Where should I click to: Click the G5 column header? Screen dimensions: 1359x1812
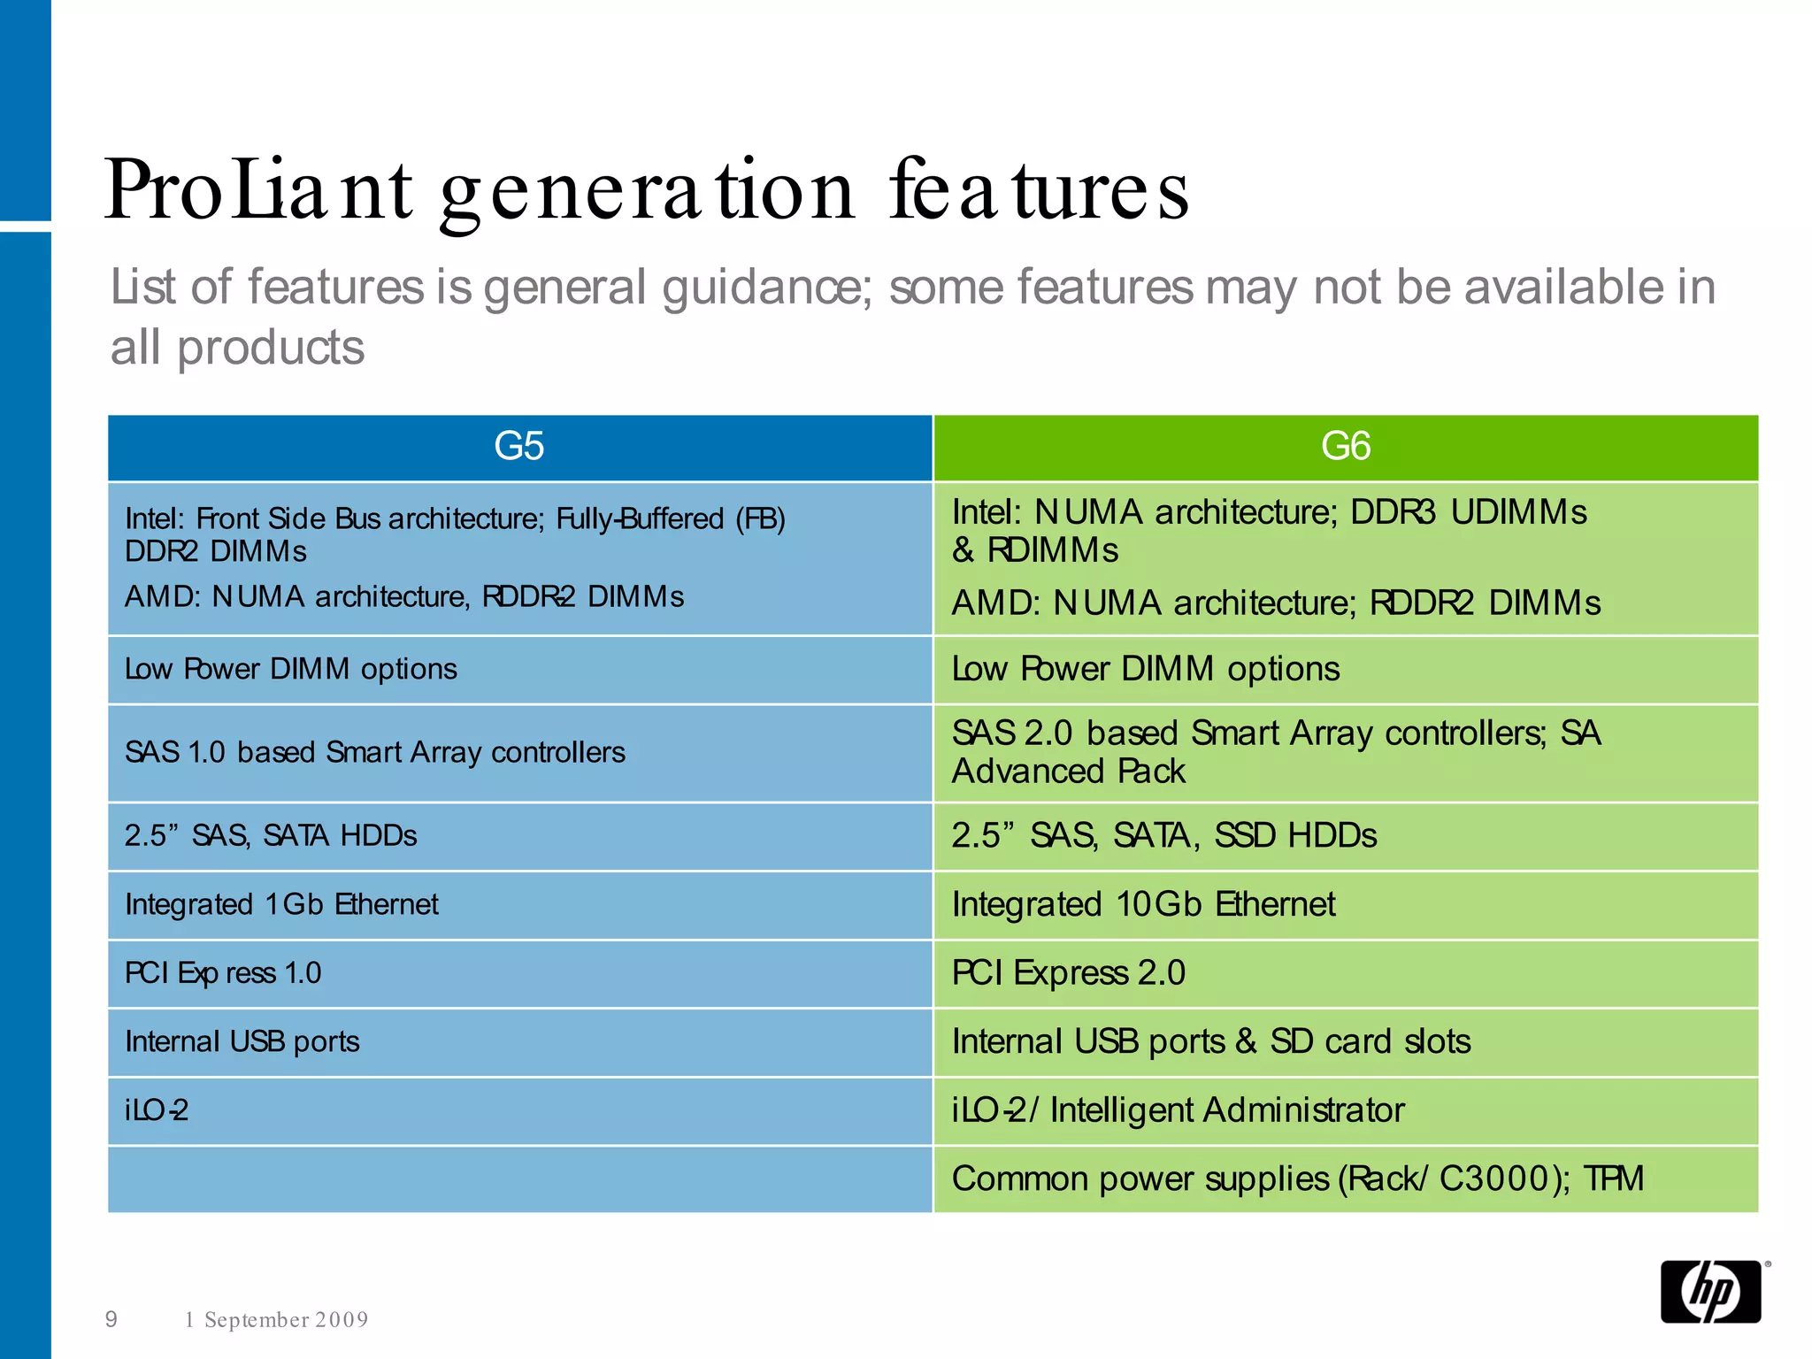[x=519, y=447]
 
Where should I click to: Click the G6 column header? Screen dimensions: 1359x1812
[x=1345, y=447]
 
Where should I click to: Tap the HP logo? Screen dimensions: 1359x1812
[x=1711, y=1292]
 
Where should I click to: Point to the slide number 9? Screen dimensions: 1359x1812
[x=111, y=1319]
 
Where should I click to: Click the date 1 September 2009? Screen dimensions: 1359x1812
[x=276, y=1320]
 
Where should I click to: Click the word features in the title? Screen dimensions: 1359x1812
[x=1040, y=190]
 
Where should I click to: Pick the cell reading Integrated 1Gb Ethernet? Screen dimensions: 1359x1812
[x=281, y=904]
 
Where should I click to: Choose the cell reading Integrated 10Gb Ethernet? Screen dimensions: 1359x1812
[x=1143, y=904]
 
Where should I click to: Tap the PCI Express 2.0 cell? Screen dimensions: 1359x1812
[x=1068, y=973]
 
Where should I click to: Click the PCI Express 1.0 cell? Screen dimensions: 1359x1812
[x=223, y=973]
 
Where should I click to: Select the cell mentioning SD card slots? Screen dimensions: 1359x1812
[x=1210, y=1041]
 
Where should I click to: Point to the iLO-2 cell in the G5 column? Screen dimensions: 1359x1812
[x=157, y=1110]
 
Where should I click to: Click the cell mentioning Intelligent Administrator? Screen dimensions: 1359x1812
[x=1178, y=1110]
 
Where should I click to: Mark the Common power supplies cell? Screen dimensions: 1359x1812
[x=1297, y=1179]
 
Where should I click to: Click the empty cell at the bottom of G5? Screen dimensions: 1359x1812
[x=519, y=1179]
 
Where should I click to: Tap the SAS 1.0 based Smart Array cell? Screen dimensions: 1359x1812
[x=375, y=752]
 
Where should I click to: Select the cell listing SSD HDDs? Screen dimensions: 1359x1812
[x=1163, y=835]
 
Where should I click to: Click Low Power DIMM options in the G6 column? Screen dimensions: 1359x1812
[x=1146, y=669]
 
